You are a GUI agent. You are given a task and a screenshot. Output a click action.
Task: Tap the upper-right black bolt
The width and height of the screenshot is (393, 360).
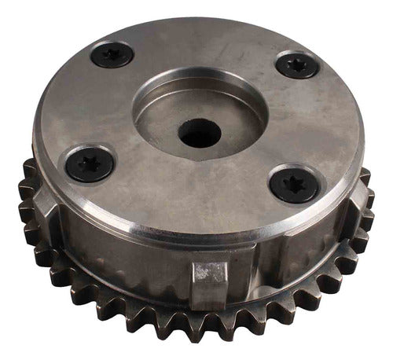297,64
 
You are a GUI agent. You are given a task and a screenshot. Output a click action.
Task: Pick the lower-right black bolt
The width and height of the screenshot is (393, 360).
293,184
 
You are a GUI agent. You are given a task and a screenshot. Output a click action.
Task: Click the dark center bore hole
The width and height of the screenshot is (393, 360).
198,133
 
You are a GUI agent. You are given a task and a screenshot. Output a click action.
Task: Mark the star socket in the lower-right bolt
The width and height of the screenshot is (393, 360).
293,184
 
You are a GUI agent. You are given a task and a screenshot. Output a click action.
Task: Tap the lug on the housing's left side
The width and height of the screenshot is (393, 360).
45,206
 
